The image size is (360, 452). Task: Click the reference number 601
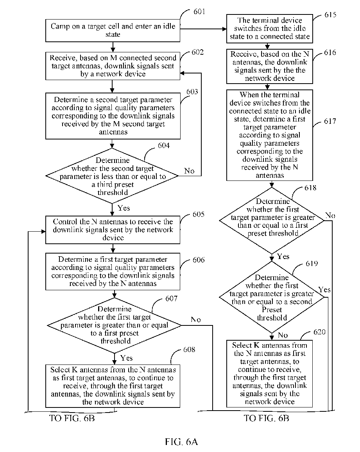coord(199,12)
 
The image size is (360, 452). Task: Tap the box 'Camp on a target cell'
coord(113,30)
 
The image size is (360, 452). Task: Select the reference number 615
coord(330,15)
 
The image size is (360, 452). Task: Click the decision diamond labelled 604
coord(112,176)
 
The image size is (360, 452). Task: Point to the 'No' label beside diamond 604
coord(189,171)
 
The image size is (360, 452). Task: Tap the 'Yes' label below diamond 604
coord(124,208)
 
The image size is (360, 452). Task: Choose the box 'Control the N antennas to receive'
coord(113,230)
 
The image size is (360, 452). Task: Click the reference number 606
coord(199,260)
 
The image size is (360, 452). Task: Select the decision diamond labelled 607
coord(115,325)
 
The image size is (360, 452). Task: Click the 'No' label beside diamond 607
coord(196,320)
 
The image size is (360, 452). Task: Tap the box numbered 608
coord(113,386)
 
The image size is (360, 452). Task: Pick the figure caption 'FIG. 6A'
coord(181,441)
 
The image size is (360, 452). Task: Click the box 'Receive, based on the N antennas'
coord(270,66)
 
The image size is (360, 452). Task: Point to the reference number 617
coord(330,121)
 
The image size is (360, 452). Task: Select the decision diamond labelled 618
coord(272,220)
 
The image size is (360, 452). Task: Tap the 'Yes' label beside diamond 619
coord(324,289)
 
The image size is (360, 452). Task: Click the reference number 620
coord(320,332)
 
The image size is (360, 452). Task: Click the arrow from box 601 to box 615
coord(203,29)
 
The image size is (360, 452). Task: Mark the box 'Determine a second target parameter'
coord(113,116)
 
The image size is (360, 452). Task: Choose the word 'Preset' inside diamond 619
coord(272,309)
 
